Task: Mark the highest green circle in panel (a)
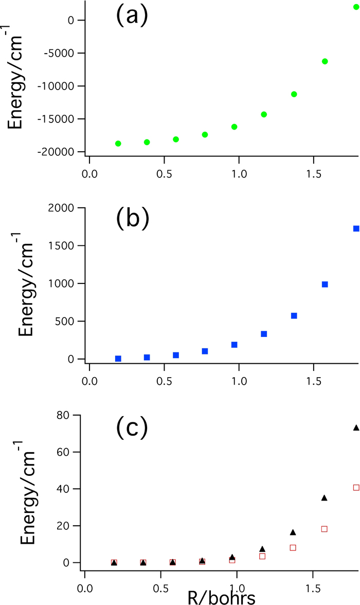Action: pos(356,7)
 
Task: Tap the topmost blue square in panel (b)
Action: pos(356,228)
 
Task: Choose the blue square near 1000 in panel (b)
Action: pos(325,284)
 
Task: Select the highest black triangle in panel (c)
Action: pos(356,428)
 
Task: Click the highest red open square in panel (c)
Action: pos(356,487)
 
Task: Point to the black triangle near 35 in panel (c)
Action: pos(325,497)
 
